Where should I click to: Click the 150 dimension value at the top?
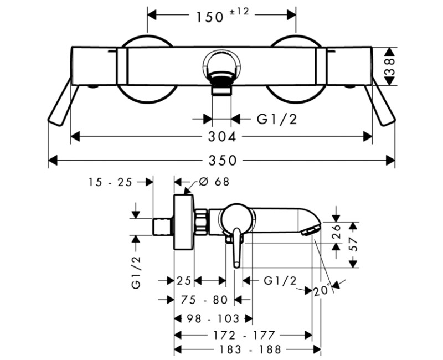click(210, 18)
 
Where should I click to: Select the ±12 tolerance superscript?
click(239, 12)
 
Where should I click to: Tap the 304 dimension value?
click(222, 137)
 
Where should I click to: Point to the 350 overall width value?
click(223, 161)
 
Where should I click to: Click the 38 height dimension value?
click(390, 66)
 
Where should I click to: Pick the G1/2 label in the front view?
click(277, 119)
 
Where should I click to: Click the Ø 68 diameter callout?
click(214, 182)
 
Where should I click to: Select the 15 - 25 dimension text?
click(110, 182)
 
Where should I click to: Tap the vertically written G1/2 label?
click(136, 272)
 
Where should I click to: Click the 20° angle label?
click(322, 290)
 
